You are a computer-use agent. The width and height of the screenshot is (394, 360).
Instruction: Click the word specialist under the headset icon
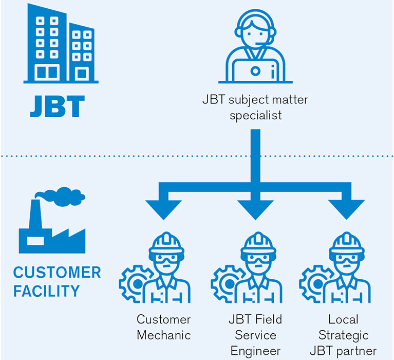click(255, 115)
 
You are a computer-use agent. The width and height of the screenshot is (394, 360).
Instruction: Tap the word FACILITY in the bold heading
click(46, 292)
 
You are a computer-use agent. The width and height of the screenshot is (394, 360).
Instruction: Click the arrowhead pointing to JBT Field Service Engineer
click(255, 208)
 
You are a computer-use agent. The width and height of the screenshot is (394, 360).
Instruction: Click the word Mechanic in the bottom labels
click(163, 335)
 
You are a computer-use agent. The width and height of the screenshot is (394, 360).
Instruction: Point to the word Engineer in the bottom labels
click(255, 351)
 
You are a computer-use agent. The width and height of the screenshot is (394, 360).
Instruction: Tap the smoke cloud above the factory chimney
click(59, 195)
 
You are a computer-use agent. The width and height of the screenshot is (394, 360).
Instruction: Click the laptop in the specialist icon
click(255, 69)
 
